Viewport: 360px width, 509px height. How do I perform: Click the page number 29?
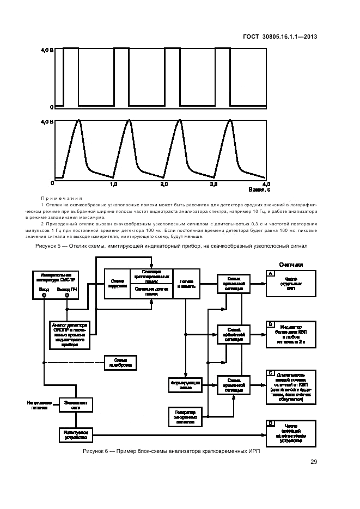[x=314, y=462]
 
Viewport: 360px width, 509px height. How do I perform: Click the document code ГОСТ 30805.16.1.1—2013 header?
[x=279, y=37]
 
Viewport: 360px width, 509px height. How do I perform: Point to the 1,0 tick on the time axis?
[x=114, y=185]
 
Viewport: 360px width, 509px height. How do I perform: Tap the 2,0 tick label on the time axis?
[x=164, y=185]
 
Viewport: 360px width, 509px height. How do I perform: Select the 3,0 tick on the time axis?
[x=214, y=185]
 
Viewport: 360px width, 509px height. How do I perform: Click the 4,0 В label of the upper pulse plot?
[x=47, y=50]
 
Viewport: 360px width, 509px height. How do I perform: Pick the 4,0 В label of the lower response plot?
[x=47, y=121]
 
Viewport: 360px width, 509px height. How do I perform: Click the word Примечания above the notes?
[x=62, y=198]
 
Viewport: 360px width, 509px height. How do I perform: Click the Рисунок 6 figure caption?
[x=168, y=452]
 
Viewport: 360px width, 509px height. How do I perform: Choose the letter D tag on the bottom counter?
[x=270, y=423]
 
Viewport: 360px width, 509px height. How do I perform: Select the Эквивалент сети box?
[x=76, y=404]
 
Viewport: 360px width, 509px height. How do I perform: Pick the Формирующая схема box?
[x=185, y=385]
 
